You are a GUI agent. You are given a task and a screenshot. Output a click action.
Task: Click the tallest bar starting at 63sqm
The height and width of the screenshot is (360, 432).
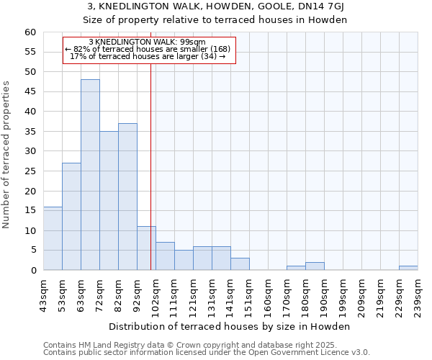click(90, 175)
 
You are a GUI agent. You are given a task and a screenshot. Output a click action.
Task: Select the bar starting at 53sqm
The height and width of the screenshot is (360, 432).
click(71, 217)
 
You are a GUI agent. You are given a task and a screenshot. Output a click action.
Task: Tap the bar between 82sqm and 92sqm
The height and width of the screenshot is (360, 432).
click(127, 197)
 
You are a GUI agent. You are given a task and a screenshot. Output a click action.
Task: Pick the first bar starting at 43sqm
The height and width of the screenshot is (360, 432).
click(53, 238)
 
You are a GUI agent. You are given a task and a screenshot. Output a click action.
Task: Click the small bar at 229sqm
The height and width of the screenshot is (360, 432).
click(408, 268)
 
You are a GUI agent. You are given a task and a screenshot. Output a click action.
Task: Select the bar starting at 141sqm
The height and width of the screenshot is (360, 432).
click(240, 264)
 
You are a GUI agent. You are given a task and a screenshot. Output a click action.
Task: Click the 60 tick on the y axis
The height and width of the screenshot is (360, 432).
click(30, 32)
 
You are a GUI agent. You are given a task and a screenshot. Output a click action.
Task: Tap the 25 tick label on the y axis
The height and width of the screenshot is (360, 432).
click(30, 171)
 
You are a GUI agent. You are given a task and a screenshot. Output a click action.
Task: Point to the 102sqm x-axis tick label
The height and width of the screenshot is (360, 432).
click(156, 295)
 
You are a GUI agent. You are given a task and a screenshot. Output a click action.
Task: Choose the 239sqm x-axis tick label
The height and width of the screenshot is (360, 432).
click(418, 295)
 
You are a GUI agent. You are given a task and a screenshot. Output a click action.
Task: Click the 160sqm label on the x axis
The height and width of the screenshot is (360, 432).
click(268, 295)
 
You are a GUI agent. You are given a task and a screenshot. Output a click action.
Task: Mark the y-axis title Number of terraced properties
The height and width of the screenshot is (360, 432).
click(7, 155)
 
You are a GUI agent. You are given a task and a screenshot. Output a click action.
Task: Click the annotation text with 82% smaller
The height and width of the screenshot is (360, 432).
click(148, 49)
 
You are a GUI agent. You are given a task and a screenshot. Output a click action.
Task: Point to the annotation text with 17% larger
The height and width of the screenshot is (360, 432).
click(148, 56)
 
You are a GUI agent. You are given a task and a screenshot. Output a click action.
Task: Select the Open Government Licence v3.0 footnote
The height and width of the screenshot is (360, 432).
click(207, 352)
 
